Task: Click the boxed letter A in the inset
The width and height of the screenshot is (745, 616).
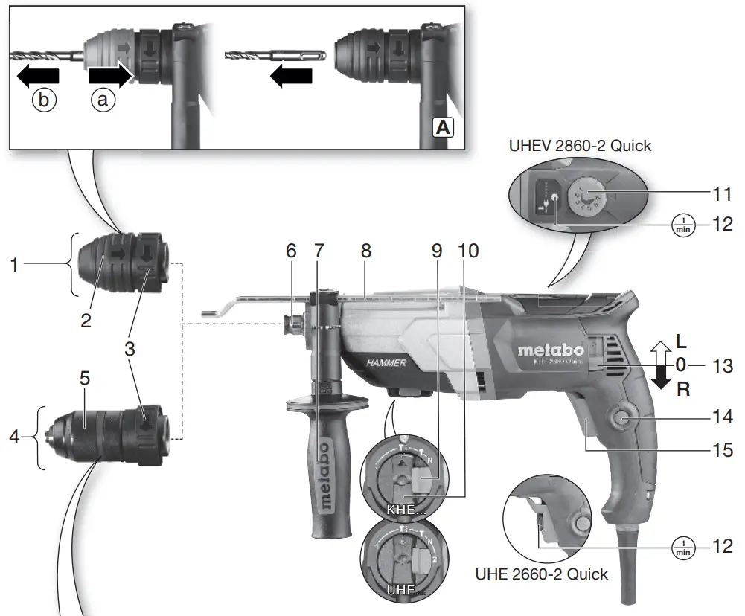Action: click(x=442, y=127)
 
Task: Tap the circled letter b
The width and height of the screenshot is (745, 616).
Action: click(x=44, y=100)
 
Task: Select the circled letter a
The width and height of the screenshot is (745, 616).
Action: click(x=104, y=100)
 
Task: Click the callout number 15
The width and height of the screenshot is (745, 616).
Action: click(x=719, y=449)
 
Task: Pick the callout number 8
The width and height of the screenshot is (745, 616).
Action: click(x=365, y=251)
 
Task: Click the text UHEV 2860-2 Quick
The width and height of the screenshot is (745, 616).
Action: click(x=580, y=146)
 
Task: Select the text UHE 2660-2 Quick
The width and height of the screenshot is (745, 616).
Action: click(x=541, y=574)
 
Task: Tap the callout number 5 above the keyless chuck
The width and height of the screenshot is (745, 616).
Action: click(x=85, y=379)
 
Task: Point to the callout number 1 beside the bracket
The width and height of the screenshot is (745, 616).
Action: click(x=14, y=263)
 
